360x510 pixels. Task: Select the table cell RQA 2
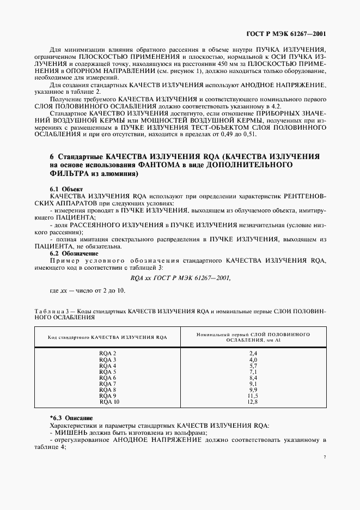[x=107, y=354]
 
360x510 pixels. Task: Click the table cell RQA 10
[x=109, y=402]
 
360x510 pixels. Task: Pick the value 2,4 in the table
[x=253, y=354]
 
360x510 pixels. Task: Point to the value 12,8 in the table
[x=253, y=402]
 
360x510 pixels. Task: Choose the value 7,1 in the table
[x=253, y=372]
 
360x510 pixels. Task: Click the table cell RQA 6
[x=107, y=378]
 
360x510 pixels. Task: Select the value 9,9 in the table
[x=253, y=390]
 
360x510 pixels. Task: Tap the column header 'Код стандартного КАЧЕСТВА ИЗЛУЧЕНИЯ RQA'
[x=107, y=337]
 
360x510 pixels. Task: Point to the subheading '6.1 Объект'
[x=63, y=189]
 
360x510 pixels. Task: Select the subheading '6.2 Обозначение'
[x=66, y=253]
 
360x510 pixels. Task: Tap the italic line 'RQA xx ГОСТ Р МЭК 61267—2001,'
[x=180, y=277]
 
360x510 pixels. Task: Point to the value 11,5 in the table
[x=253, y=396]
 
